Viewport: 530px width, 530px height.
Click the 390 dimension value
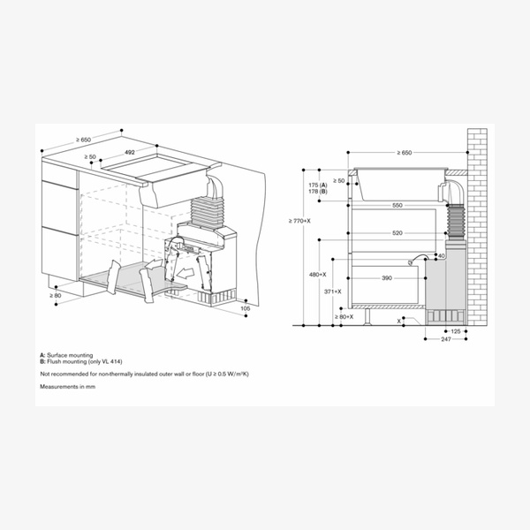pyautogui.click(x=386, y=278)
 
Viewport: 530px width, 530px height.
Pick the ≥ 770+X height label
pyautogui.click(x=299, y=221)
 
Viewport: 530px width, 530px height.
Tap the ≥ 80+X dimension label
pyautogui.click(x=344, y=315)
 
